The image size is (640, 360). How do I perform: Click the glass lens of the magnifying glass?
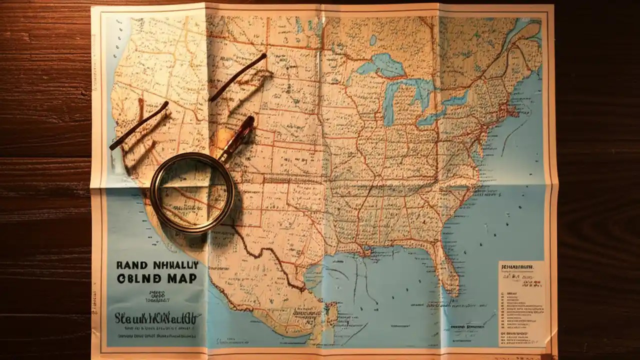point(192,193)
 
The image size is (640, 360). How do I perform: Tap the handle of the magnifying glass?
point(237,137)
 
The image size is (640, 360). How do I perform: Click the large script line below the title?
point(157,317)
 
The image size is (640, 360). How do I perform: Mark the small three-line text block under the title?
point(156,296)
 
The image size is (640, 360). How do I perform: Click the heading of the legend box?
point(521,268)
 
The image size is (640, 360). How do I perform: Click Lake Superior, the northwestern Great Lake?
point(380,65)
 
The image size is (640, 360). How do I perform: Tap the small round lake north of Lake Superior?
point(372,39)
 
